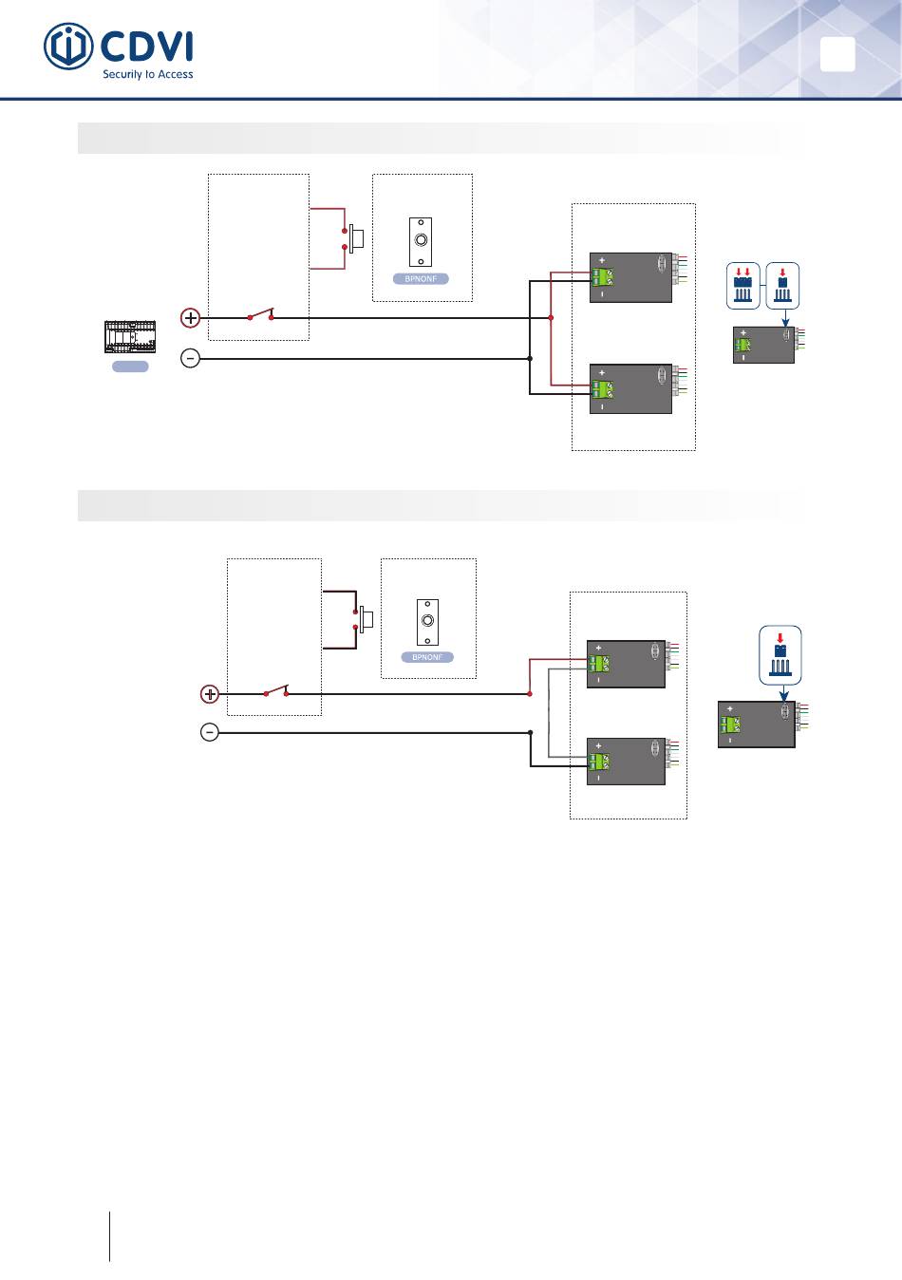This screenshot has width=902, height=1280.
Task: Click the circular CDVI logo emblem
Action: (x=68, y=47)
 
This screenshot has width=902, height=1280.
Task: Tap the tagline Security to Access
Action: (x=147, y=74)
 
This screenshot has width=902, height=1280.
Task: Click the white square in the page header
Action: (x=837, y=54)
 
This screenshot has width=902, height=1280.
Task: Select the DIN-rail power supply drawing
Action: (x=130, y=336)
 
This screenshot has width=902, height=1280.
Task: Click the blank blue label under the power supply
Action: (x=130, y=367)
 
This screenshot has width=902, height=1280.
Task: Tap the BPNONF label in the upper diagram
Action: (x=421, y=279)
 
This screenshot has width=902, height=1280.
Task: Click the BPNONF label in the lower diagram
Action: (x=427, y=657)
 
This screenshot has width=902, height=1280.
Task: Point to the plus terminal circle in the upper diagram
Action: (x=190, y=318)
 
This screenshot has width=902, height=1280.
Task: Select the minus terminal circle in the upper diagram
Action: (x=190, y=358)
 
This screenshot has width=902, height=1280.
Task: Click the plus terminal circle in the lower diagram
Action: (x=210, y=694)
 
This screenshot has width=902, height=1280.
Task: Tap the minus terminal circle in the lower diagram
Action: (x=210, y=732)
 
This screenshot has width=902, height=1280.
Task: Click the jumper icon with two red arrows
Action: (x=743, y=286)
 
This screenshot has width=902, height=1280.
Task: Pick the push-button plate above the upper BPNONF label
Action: (x=421, y=242)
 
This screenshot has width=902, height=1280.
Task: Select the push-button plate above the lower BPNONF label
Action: (x=427, y=622)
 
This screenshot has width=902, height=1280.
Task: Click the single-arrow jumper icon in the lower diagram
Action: (x=780, y=655)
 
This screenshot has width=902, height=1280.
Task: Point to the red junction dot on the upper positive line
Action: (x=551, y=318)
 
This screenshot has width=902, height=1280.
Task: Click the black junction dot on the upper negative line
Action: (x=530, y=358)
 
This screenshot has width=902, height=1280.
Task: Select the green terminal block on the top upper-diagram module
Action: (x=603, y=277)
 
